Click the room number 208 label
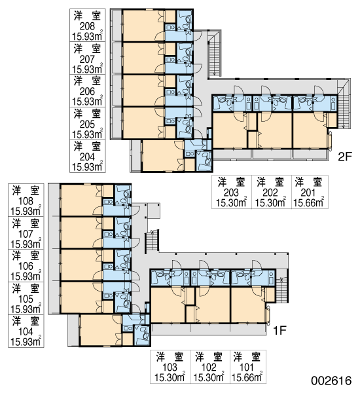click(x=87, y=26)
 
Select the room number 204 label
click(x=87, y=157)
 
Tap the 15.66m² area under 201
click(x=309, y=202)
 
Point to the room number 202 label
click(x=270, y=193)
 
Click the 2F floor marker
click(x=345, y=157)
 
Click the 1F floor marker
click(x=279, y=331)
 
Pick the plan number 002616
click(x=331, y=381)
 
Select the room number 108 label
click(x=26, y=201)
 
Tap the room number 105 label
click(x=26, y=299)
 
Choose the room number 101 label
click(x=247, y=367)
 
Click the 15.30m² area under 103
click(x=170, y=377)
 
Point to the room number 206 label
click(x=87, y=92)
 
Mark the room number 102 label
click(x=209, y=367)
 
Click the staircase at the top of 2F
click(x=215, y=53)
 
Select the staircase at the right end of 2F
click(x=344, y=103)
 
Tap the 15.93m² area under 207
click(x=87, y=69)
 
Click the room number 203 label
click(x=231, y=193)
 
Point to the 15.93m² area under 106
click(x=26, y=276)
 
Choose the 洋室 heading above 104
click(x=26, y=321)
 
